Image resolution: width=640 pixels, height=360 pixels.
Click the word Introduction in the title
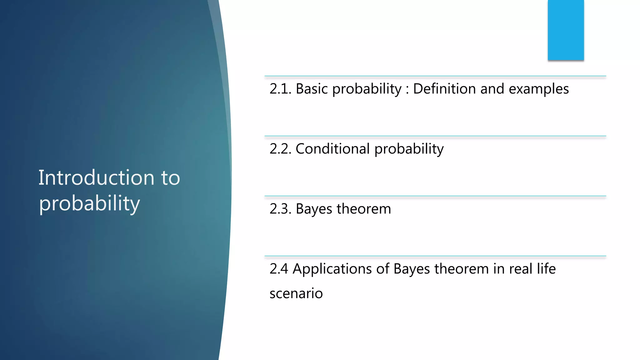coord(96,178)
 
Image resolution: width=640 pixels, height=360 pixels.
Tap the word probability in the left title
coord(89,204)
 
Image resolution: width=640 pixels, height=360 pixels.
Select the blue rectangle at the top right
coord(566,30)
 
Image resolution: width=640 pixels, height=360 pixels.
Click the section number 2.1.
coord(280,89)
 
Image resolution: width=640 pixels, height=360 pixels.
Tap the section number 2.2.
coord(280,149)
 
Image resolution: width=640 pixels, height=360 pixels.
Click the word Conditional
coord(332,149)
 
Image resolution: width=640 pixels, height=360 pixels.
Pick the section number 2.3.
coord(280,209)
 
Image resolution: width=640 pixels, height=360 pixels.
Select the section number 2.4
coord(279,269)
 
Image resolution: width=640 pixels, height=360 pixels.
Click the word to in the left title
coord(171,178)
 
